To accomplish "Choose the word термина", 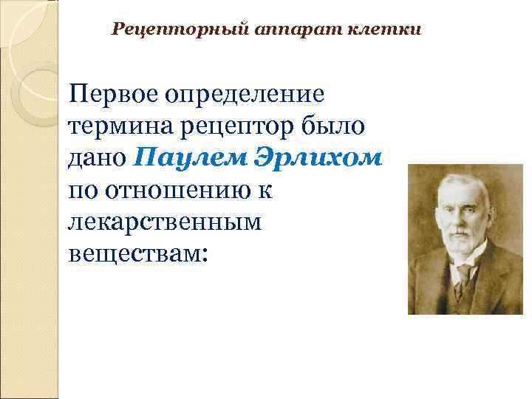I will tap(119, 127).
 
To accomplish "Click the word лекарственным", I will tap(165, 222).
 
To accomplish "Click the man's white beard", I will tap(463, 248).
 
